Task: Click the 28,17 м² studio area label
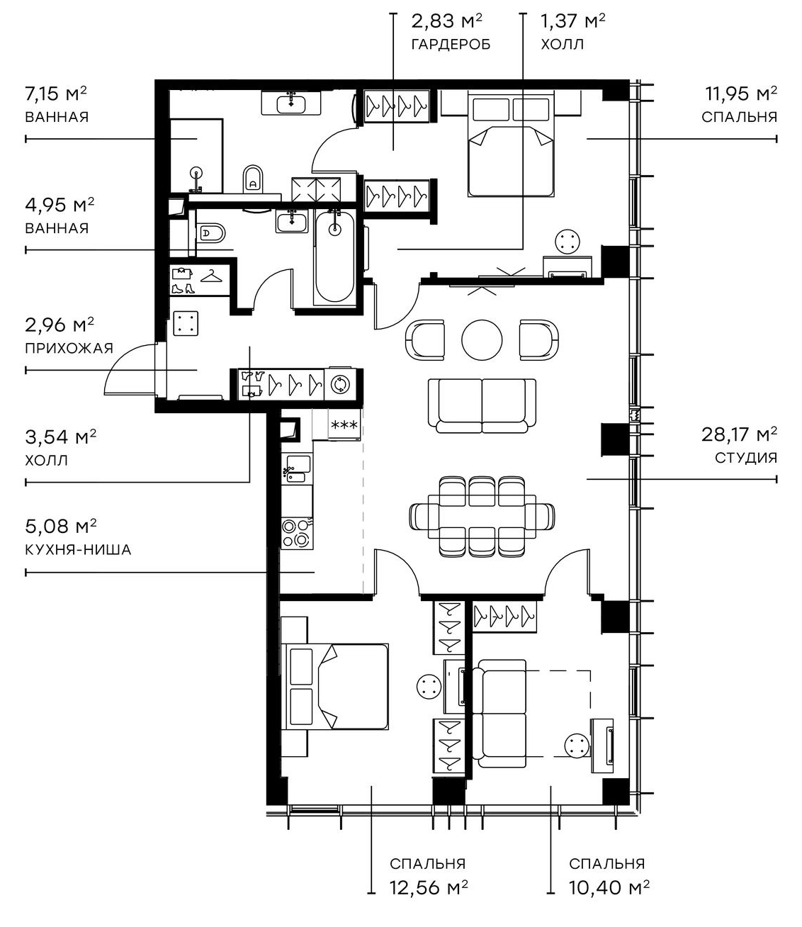coord(739,434)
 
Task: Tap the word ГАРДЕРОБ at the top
coord(451,44)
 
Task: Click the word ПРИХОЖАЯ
coord(69,348)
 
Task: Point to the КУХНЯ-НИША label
coord(78,549)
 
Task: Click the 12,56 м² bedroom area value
coord(428,887)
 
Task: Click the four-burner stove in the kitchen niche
coord(296,533)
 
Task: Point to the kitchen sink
coord(295,468)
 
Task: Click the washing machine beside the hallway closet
coord(340,384)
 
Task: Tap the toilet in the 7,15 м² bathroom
coord(253,178)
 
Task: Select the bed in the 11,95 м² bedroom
coord(509,147)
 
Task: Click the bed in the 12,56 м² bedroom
coord(337,686)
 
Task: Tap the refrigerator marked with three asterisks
coord(344,425)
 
